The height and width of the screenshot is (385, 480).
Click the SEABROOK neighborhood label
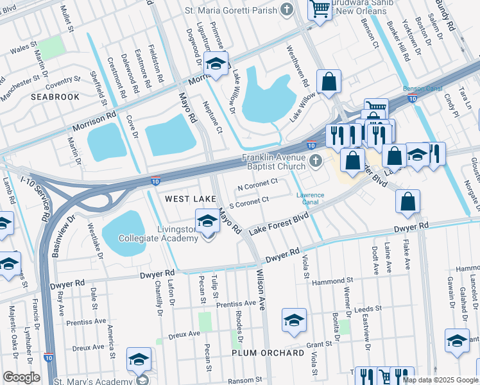click(x=55, y=97)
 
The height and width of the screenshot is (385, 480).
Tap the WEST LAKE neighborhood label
click(x=191, y=200)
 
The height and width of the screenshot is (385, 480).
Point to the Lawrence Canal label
click(x=310, y=199)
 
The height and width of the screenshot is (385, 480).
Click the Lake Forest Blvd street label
click(x=276, y=225)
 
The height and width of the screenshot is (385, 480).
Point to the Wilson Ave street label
click(x=261, y=290)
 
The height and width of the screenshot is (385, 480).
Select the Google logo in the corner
click(x=21, y=377)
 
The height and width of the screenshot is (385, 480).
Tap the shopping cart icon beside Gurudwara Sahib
click(x=319, y=10)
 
